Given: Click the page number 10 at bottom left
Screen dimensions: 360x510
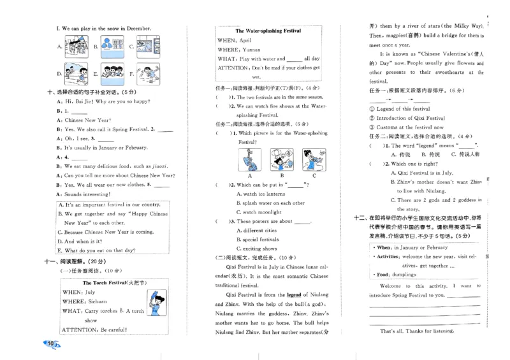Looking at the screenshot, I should pos(50,344).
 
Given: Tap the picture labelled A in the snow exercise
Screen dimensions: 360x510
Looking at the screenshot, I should pos(77,47).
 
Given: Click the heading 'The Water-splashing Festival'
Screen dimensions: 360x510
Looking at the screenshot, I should pos(268,31).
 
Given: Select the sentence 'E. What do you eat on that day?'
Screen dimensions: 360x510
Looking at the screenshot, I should pos(100,250).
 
